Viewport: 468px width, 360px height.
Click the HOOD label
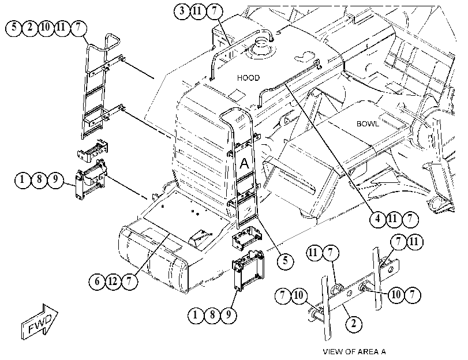click(248, 78)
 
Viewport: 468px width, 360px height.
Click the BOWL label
click(368, 123)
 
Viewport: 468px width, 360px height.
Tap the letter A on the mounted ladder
click(244, 163)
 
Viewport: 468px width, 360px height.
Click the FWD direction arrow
click(40, 322)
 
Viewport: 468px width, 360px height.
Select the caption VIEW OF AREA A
click(354, 352)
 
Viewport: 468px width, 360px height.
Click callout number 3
click(182, 12)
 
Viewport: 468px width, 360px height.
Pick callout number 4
click(377, 219)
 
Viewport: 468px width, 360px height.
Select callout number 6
click(97, 281)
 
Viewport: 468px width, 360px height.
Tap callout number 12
click(113, 281)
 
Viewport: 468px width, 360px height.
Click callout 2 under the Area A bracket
click(354, 323)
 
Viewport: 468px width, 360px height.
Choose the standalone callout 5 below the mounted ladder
click(285, 261)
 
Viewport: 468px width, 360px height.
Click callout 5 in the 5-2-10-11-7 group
click(14, 28)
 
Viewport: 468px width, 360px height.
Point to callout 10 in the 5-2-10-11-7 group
click(46, 28)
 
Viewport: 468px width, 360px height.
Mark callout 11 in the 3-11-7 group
click(197, 12)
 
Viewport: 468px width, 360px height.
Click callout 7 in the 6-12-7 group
click(129, 281)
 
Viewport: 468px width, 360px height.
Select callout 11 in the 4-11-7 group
click(393, 219)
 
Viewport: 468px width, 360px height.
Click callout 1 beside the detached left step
click(22, 180)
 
